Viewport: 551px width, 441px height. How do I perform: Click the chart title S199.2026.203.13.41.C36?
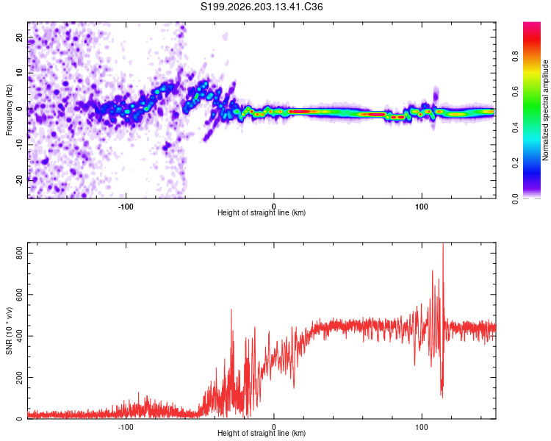262,7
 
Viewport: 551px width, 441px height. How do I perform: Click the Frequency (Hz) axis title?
9,110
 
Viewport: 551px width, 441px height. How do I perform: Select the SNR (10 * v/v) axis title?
9,331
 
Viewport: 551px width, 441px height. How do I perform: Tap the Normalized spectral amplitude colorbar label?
545,110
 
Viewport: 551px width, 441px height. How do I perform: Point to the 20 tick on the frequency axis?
20,37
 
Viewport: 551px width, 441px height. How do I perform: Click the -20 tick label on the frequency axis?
20,180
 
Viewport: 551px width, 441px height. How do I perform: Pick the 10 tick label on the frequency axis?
20,73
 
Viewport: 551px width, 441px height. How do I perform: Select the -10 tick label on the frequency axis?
20,145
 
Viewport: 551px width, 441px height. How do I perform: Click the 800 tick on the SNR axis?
20,253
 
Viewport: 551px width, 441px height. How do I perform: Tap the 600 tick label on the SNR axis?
20,294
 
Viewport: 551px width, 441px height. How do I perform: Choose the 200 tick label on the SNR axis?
20,377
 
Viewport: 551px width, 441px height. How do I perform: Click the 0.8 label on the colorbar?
516,57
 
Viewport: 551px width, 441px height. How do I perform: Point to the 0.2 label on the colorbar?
516,163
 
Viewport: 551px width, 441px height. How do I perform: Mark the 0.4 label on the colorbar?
516,127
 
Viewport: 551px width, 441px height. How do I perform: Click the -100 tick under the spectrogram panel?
126,207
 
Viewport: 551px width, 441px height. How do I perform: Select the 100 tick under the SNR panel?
422,427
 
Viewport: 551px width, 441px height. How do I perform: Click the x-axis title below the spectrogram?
262,212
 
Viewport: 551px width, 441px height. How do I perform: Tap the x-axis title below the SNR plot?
262,433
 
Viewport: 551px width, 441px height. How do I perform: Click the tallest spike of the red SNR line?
443,243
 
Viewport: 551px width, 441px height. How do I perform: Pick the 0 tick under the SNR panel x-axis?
274,427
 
